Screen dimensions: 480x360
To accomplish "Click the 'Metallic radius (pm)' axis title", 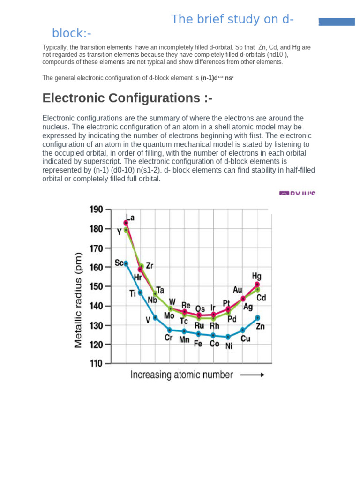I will click(x=78, y=300).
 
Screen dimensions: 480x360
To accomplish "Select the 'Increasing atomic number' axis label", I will click(x=181, y=375).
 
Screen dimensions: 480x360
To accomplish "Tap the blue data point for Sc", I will click(x=126, y=263).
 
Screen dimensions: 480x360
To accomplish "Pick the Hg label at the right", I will click(x=256, y=276).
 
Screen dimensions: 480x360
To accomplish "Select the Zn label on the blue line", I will click(x=260, y=326).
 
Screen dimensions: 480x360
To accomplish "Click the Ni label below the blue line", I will click(x=229, y=346).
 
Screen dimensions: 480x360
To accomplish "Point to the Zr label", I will click(x=150, y=265).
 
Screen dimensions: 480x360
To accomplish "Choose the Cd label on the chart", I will click(x=261, y=298).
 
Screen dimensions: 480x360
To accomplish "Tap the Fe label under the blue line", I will click(x=198, y=343).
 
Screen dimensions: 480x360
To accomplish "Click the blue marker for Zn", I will click(x=257, y=318).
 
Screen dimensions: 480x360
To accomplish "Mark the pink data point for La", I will click(x=126, y=223).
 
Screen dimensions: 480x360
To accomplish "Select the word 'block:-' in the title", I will click(x=71, y=34).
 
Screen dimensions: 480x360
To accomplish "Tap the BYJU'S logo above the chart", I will click(x=297, y=193).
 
